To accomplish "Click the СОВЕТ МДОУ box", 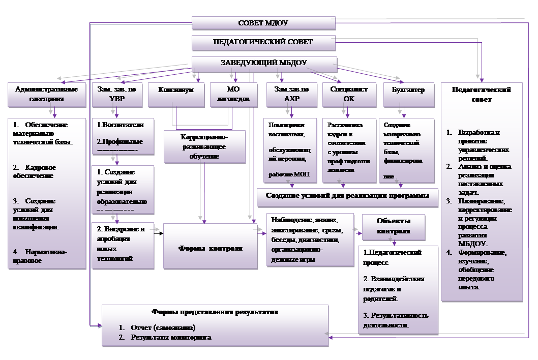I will click(x=263, y=23).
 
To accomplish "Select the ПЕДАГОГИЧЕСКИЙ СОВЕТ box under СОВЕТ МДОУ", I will click(x=263, y=42).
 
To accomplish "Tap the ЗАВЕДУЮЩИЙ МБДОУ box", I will click(x=263, y=64).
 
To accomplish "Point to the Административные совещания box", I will click(x=47, y=95).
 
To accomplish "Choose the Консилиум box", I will click(x=176, y=95).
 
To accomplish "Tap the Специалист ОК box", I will click(x=349, y=95).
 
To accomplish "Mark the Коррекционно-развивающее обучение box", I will click(x=204, y=146).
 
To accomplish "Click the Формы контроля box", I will click(x=211, y=249).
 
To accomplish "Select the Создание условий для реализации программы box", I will click(x=347, y=196).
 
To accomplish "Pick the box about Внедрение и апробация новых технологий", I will click(x=123, y=244).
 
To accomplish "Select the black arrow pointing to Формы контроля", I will click(x=159, y=233).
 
